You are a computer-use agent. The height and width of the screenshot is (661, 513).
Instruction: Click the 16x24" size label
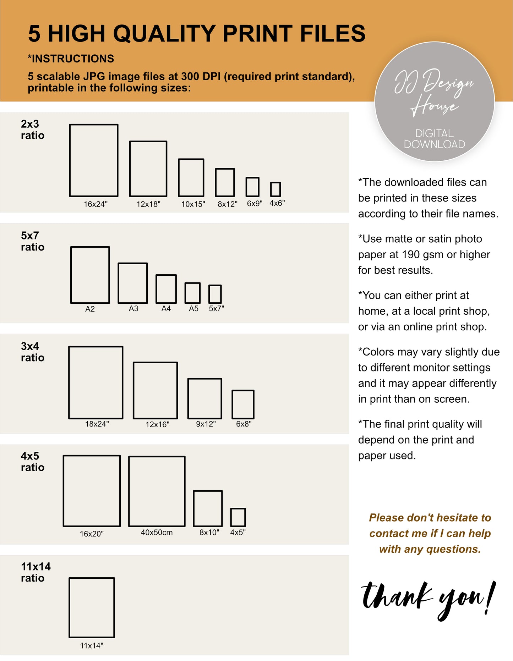[95, 204]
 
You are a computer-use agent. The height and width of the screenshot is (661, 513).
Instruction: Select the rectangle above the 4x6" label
[275, 183]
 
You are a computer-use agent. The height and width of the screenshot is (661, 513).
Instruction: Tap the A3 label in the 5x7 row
[133, 309]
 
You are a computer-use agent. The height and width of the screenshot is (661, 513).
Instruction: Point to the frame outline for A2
[71, 275]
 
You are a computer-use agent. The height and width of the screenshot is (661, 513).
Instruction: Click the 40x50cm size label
[157, 533]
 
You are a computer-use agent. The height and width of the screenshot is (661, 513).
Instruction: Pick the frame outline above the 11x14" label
[70, 607]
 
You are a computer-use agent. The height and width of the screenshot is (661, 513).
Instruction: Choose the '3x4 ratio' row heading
[33, 352]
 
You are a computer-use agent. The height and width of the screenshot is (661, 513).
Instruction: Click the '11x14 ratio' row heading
[36, 572]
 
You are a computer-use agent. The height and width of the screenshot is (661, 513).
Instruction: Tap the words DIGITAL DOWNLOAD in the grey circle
[435, 139]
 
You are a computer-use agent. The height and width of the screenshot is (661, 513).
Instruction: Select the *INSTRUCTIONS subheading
[71, 59]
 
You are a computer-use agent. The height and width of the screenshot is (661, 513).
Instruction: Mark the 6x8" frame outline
[233, 404]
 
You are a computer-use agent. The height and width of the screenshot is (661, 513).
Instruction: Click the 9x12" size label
[206, 424]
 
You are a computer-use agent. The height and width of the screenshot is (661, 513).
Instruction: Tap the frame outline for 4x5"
[231, 517]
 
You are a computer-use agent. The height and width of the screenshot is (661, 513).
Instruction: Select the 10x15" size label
[193, 204]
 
